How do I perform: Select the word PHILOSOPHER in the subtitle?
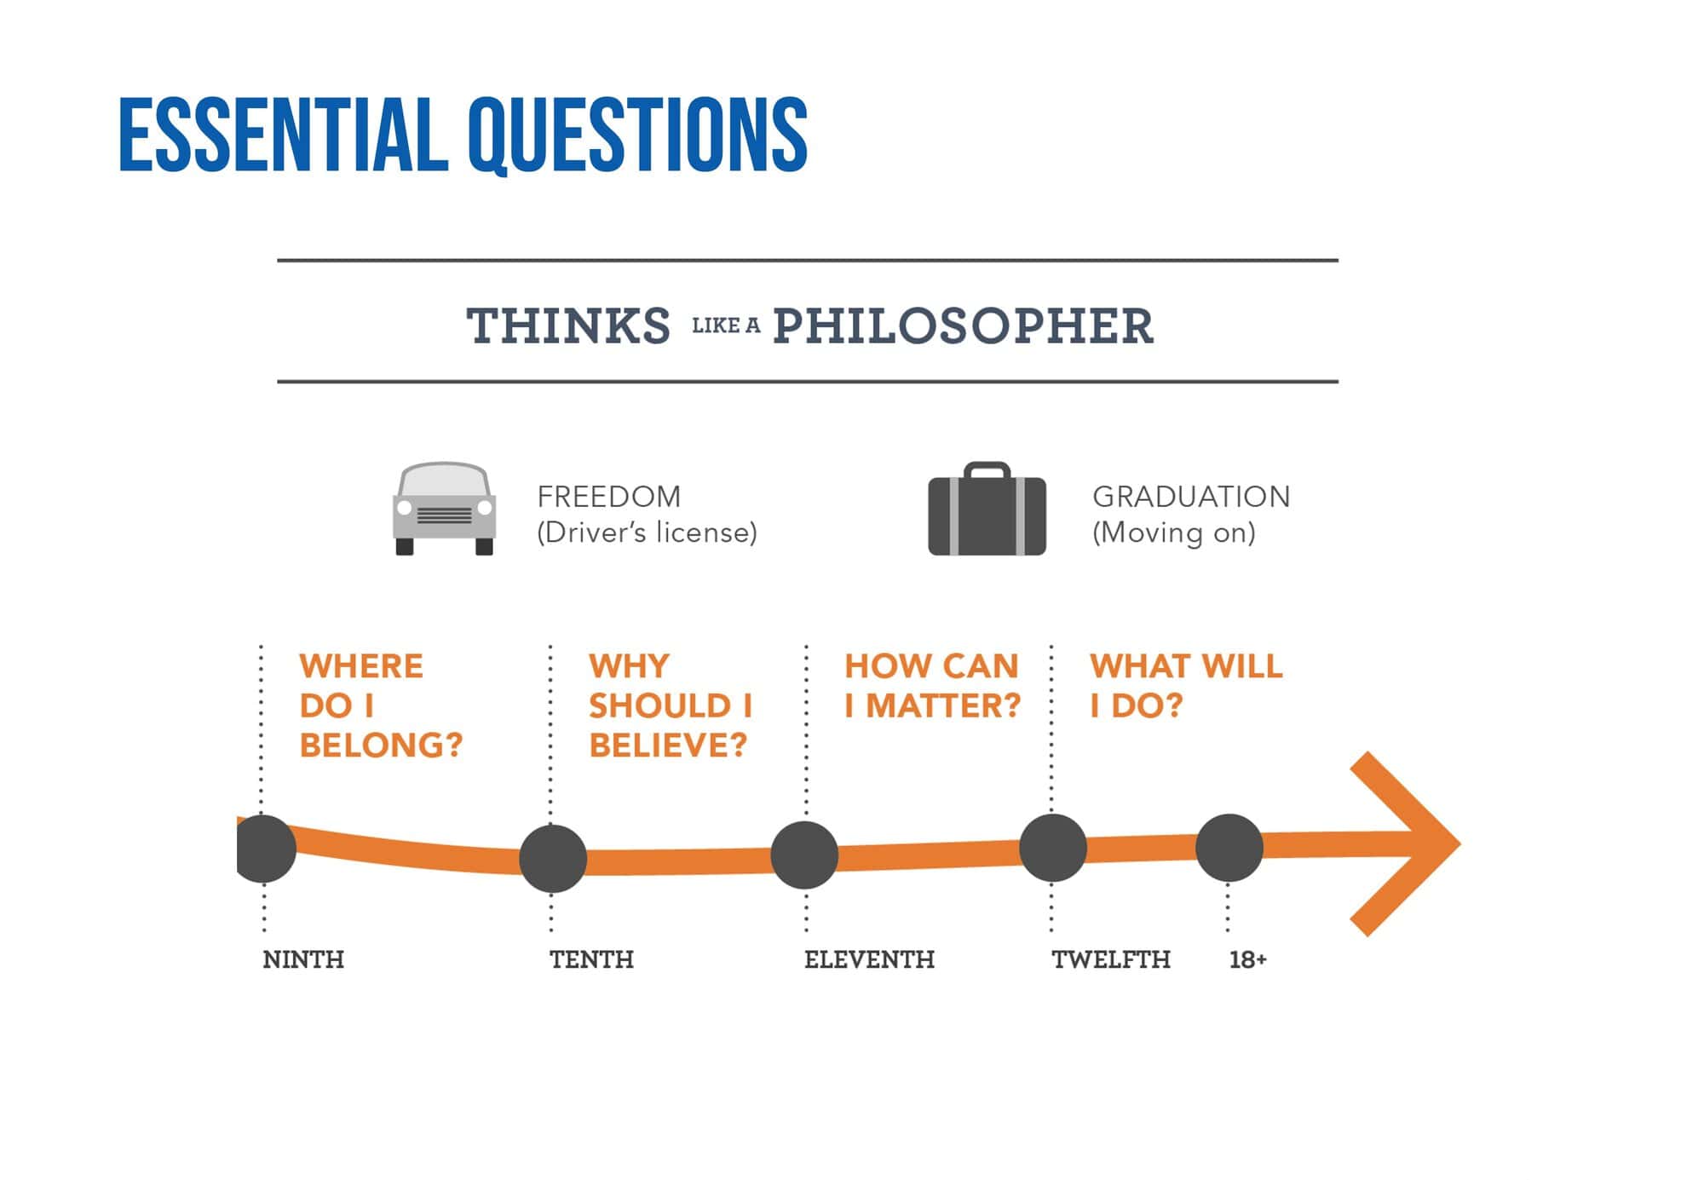pyautogui.click(x=963, y=325)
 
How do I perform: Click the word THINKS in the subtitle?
pyautogui.click(x=568, y=325)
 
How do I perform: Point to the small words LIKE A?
pyautogui.click(x=726, y=325)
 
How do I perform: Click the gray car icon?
pyautogui.click(x=444, y=509)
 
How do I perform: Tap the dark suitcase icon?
pyautogui.click(x=987, y=509)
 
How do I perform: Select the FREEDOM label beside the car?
pyautogui.click(x=609, y=496)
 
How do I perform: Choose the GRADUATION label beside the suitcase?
pyautogui.click(x=1191, y=496)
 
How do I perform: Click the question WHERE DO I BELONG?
pyautogui.click(x=381, y=705)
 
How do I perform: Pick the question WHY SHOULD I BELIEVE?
pyautogui.click(x=671, y=705)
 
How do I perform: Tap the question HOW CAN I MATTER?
pyautogui.click(x=932, y=686)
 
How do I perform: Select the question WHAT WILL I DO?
pyautogui.click(x=1186, y=686)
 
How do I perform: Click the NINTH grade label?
pyautogui.click(x=303, y=959)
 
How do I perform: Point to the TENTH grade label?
pyautogui.click(x=591, y=959)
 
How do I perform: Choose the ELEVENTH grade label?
pyautogui.click(x=869, y=959)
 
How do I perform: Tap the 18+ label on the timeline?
pyautogui.click(x=1247, y=959)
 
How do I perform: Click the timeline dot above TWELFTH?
pyautogui.click(x=1053, y=848)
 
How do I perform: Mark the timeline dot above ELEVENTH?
pyautogui.click(x=804, y=855)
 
